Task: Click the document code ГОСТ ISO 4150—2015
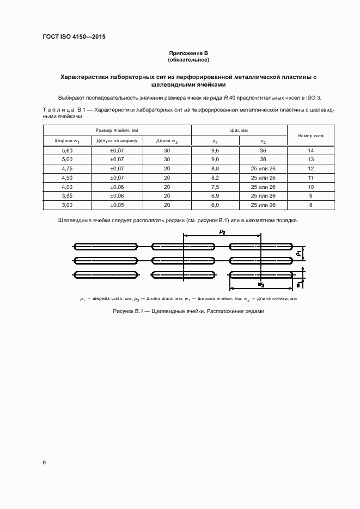(74, 37)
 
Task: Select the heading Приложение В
(188, 53)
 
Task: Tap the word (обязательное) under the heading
(188, 59)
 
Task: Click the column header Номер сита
(310, 135)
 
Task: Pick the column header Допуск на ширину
(117, 140)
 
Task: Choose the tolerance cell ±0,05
(117, 205)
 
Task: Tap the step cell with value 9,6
(215, 150)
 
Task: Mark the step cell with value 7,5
(215, 186)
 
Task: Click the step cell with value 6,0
(215, 205)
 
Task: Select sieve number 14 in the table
(310, 150)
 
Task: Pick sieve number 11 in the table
(310, 177)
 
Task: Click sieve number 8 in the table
(310, 205)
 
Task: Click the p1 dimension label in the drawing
(299, 253)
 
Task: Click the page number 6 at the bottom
(44, 462)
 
